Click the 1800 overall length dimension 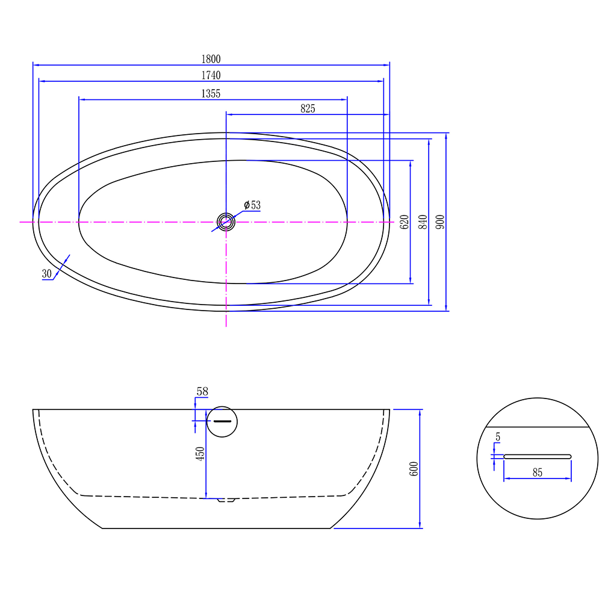tap(211, 59)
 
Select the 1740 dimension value tap(211, 75)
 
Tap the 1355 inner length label tap(211, 93)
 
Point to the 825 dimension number tap(308, 108)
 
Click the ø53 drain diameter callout tap(252, 205)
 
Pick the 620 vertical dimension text tap(404, 222)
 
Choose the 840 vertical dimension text tap(423, 222)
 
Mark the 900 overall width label tap(440, 222)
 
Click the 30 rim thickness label tap(46, 274)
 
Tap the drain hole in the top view tap(226, 222)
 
